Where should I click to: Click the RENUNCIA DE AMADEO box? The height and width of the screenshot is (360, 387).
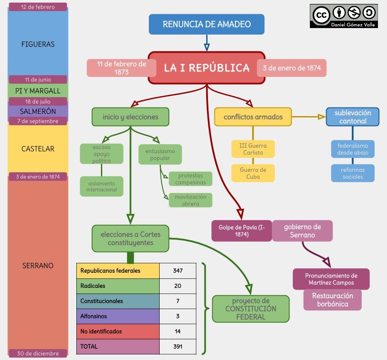(206, 24)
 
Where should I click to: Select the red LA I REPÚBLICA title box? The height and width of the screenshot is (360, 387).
(206, 68)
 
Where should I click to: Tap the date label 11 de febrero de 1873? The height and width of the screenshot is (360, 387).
(121, 68)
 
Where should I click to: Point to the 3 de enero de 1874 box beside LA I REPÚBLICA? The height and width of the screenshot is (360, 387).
(292, 68)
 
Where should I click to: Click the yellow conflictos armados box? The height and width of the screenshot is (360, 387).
(253, 117)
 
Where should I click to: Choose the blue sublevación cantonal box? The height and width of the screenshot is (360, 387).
(352, 117)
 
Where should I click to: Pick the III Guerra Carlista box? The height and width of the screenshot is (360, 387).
(253, 149)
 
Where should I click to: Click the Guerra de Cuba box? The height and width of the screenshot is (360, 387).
(253, 173)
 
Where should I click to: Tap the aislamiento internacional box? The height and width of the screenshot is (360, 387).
(102, 186)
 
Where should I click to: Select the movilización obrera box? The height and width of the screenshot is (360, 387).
(190, 200)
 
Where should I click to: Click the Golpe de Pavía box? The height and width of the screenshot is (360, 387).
(242, 231)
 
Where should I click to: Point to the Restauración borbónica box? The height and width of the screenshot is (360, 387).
(332, 300)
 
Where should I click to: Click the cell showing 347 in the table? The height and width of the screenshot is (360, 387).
(178, 271)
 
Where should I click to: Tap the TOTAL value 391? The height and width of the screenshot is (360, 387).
(178, 347)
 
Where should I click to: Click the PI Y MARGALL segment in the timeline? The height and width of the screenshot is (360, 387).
(38, 91)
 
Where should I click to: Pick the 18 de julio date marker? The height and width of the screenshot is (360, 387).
(38, 102)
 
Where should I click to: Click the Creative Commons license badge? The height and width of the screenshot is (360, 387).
(343, 16)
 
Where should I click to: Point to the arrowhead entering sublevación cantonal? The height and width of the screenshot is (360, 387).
(321, 117)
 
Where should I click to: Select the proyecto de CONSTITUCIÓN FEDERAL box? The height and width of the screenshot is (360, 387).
(251, 309)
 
